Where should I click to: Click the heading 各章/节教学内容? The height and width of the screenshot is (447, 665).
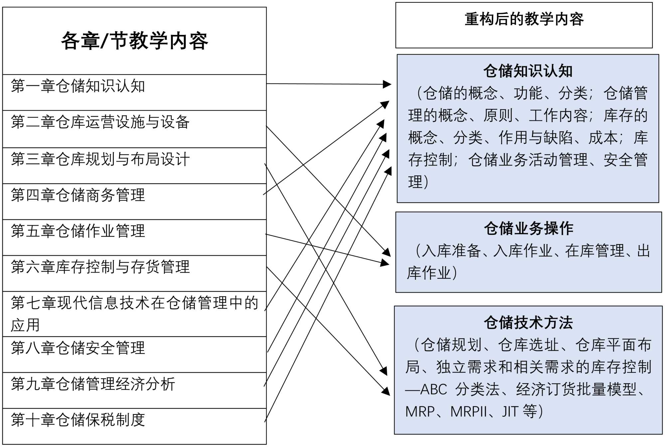click(x=134, y=41)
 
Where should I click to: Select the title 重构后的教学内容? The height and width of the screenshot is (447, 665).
click(x=524, y=19)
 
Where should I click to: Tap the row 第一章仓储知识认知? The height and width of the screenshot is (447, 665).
click(x=78, y=86)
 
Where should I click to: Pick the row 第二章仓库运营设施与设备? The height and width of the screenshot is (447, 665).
click(x=100, y=122)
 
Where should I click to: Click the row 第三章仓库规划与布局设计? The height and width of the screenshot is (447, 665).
click(x=100, y=159)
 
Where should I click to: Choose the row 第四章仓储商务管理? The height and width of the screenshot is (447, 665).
click(x=78, y=195)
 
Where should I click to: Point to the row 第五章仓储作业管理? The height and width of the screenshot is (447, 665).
click(x=78, y=231)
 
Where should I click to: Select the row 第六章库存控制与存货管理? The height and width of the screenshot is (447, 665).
click(x=100, y=267)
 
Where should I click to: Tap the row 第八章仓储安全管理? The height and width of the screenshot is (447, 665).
click(x=78, y=348)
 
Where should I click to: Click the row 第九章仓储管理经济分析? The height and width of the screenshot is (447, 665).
click(x=93, y=384)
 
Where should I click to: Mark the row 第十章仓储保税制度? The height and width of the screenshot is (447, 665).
click(x=78, y=420)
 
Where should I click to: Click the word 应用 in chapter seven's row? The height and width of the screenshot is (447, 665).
click(x=25, y=325)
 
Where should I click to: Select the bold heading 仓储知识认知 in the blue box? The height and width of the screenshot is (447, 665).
click(x=528, y=71)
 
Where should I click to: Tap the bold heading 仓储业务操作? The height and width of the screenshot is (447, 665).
click(x=528, y=228)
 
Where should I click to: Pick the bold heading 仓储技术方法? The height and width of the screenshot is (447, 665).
click(x=528, y=323)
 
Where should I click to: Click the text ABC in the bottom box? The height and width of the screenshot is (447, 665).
click(x=434, y=389)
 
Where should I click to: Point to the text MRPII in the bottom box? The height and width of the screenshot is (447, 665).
click(x=468, y=412)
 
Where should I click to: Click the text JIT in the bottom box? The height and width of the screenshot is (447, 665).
click(x=510, y=412)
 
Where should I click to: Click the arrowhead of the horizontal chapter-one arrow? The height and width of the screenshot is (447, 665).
click(x=387, y=84)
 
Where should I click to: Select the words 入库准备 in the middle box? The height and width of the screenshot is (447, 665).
click(x=451, y=251)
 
